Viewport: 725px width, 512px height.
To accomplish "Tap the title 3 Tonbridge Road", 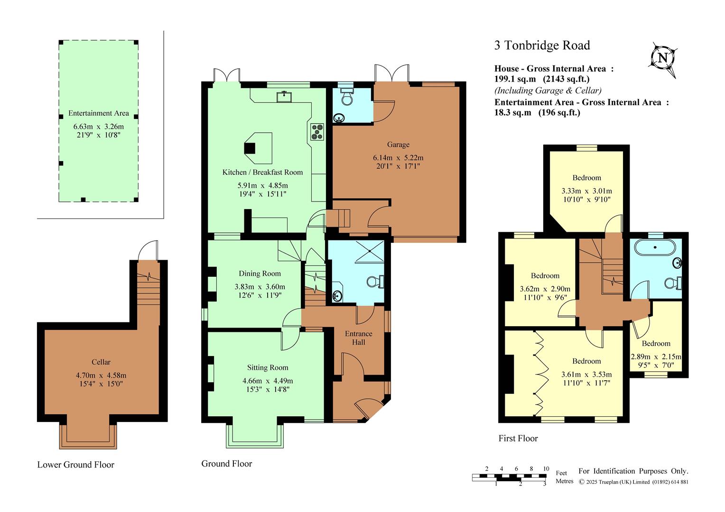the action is point(542,46).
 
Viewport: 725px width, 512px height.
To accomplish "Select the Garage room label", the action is point(398,145).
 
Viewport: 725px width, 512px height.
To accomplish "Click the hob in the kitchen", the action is point(317,132).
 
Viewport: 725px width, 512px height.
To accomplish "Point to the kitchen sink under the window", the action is point(284,97).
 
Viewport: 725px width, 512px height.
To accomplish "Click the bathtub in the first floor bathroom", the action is point(655,247).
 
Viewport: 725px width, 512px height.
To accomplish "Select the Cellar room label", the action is point(101,362).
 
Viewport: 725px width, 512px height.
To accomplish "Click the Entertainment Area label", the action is point(98,113).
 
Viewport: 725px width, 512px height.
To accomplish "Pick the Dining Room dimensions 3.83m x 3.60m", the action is point(260,286).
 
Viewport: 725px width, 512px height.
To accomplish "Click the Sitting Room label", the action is point(268,367).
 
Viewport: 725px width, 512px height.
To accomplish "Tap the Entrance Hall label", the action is point(359,338).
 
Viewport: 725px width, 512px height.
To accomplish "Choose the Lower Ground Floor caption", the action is point(76,465).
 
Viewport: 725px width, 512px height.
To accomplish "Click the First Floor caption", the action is point(518,438).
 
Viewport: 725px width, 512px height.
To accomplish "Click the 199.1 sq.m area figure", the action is point(515,79).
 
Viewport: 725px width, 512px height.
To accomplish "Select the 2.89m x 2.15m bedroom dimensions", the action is point(656,357).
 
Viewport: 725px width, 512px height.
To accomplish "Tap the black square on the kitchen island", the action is point(250,148).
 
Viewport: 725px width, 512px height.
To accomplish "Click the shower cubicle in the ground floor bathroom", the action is point(370,251).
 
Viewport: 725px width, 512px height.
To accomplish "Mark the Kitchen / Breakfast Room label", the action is point(262,173).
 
